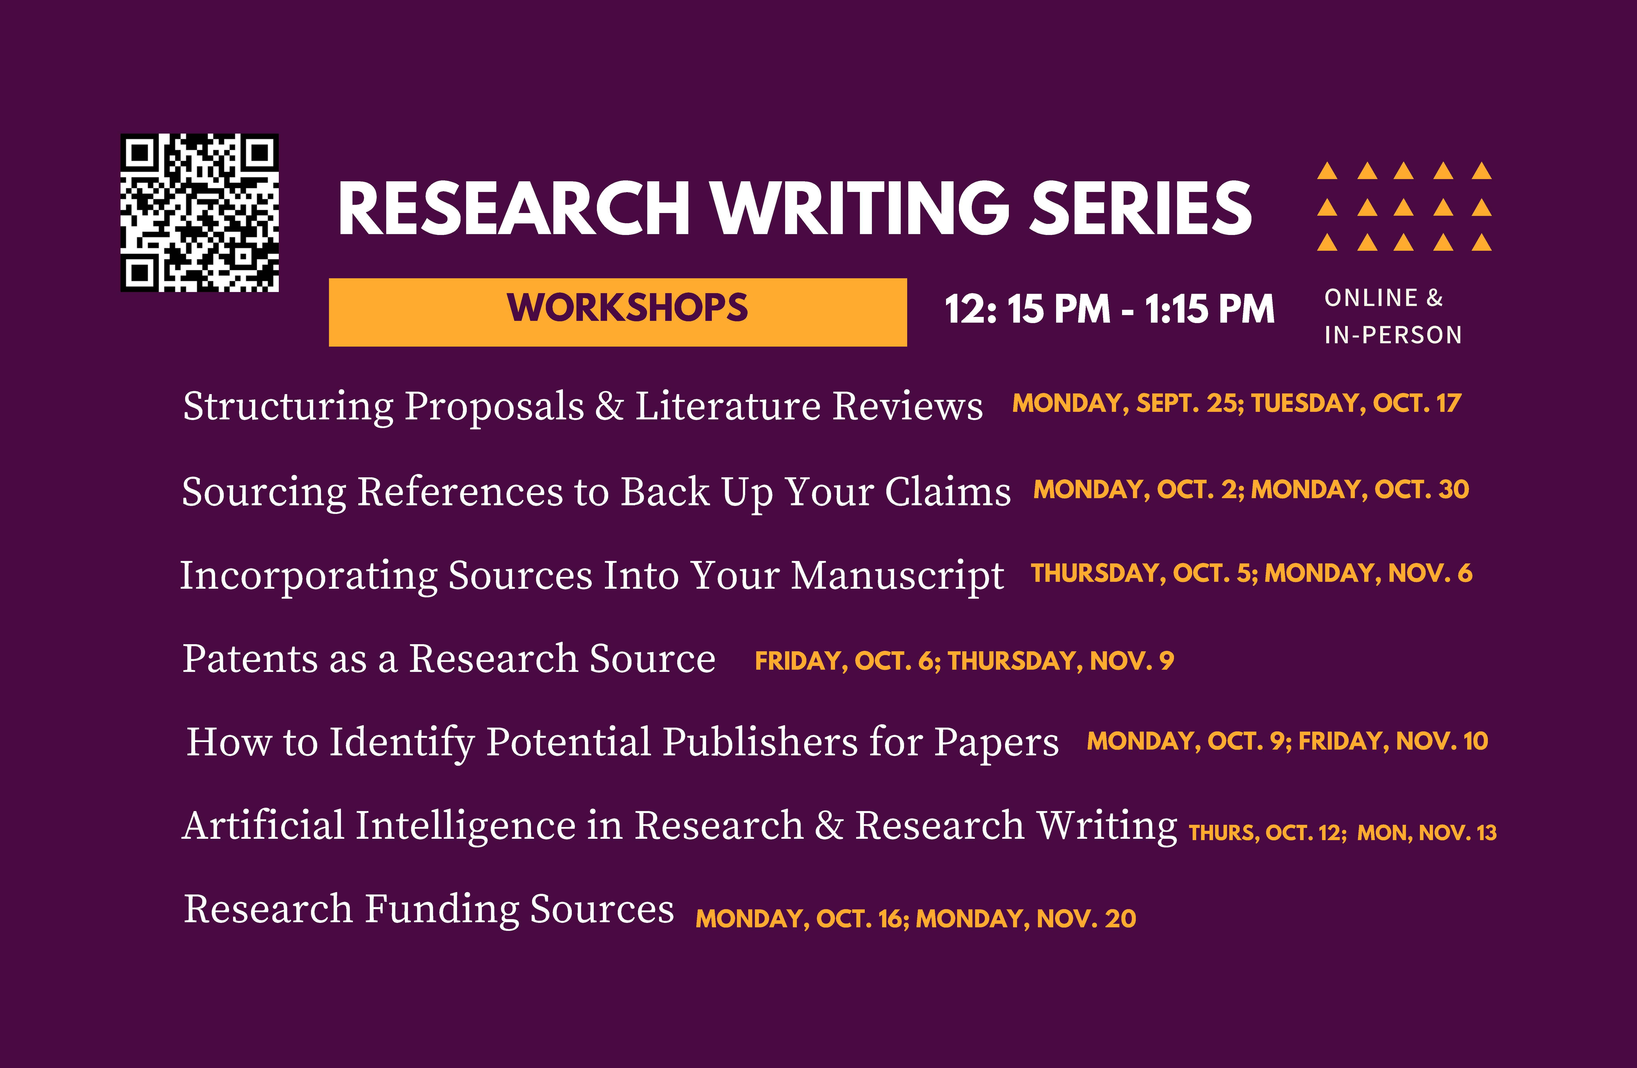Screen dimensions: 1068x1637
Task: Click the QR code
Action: coord(200,213)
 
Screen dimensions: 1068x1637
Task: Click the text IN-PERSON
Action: coord(1393,335)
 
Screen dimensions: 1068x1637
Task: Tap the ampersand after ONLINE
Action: coord(1435,298)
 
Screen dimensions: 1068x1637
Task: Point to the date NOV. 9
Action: coord(1131,661)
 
